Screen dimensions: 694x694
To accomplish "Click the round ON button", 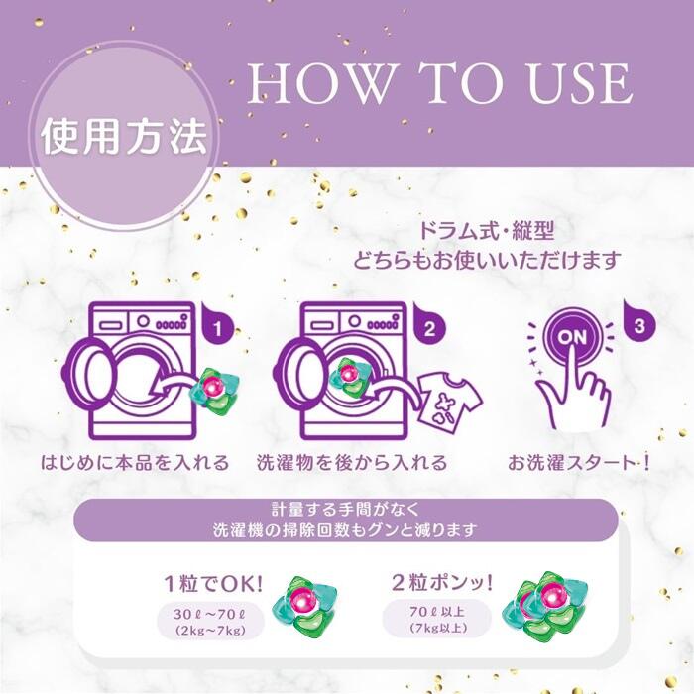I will (573, 337).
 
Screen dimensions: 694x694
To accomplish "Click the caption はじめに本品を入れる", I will (135, 462).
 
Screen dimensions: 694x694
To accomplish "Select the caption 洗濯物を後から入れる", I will (352, 462).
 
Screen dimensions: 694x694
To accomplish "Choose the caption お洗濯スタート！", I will (579, 462).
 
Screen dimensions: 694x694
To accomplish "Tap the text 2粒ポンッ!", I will (442, 582).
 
